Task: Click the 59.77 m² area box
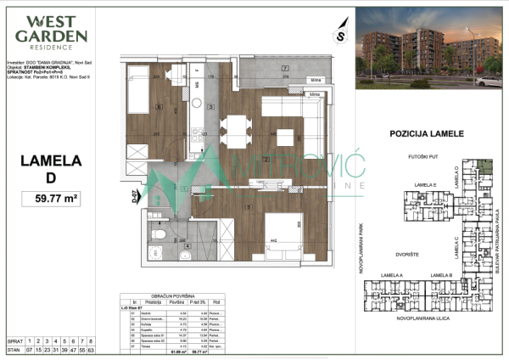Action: (x=57, y=200)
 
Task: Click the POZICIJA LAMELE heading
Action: (x=426, y=134)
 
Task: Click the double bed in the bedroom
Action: (x=279, y=228)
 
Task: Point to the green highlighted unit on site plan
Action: (x=484, y=166)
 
